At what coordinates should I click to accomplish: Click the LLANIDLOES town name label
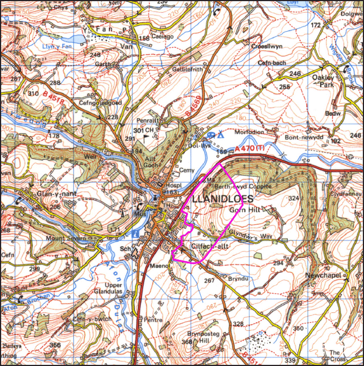coord(222,199)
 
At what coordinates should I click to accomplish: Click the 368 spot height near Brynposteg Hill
coord(186,343)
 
